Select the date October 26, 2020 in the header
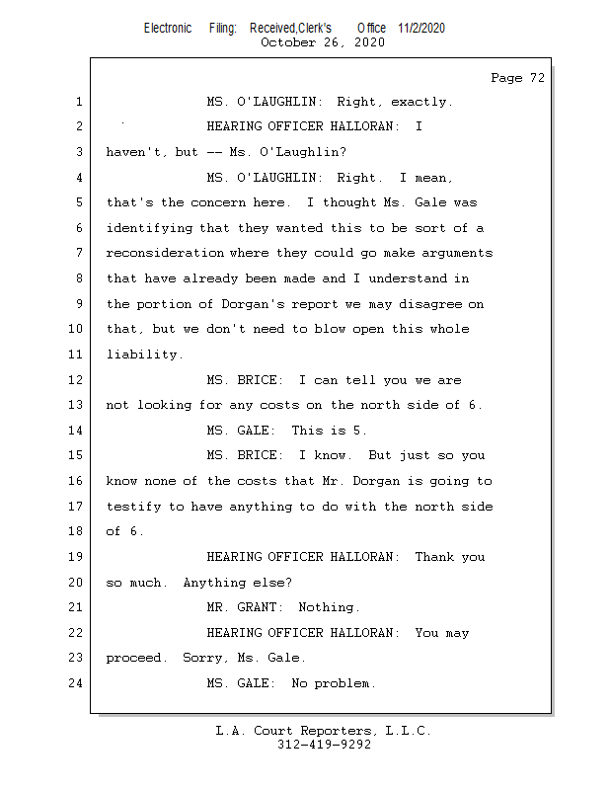pyautogui.click(x=323, y=42)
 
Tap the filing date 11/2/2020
pyautogui.click(x=421, y=29)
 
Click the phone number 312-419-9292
pyautogui.click(x=324, y=746)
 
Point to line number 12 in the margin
pyautogui.click(x=78, y=380)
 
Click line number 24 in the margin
pyautogui.click(x=78, y=683)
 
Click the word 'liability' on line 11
pyautogui.click(x=143, y=355)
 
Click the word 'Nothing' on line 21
pyautogui.click(x=328, y=607)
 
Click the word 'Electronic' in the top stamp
pyautogui.click(x=168, y=29)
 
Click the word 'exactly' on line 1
pyautogui.click(x=419, y=102)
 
